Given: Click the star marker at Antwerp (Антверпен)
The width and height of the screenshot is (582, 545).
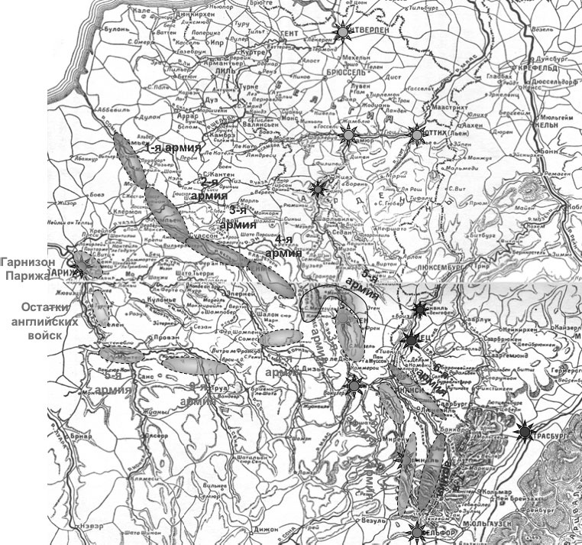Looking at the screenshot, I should (x=343, y=31).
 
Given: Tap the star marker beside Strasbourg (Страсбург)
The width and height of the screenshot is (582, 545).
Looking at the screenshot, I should (x=525, y=433).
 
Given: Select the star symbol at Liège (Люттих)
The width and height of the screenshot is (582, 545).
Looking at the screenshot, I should (x=416, y=135).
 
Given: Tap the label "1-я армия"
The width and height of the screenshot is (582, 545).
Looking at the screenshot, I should (x=176, y=147).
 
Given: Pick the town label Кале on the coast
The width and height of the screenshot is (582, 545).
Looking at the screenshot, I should (x=142, y=11).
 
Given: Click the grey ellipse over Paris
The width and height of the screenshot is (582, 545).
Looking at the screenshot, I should (x=86, y=263).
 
